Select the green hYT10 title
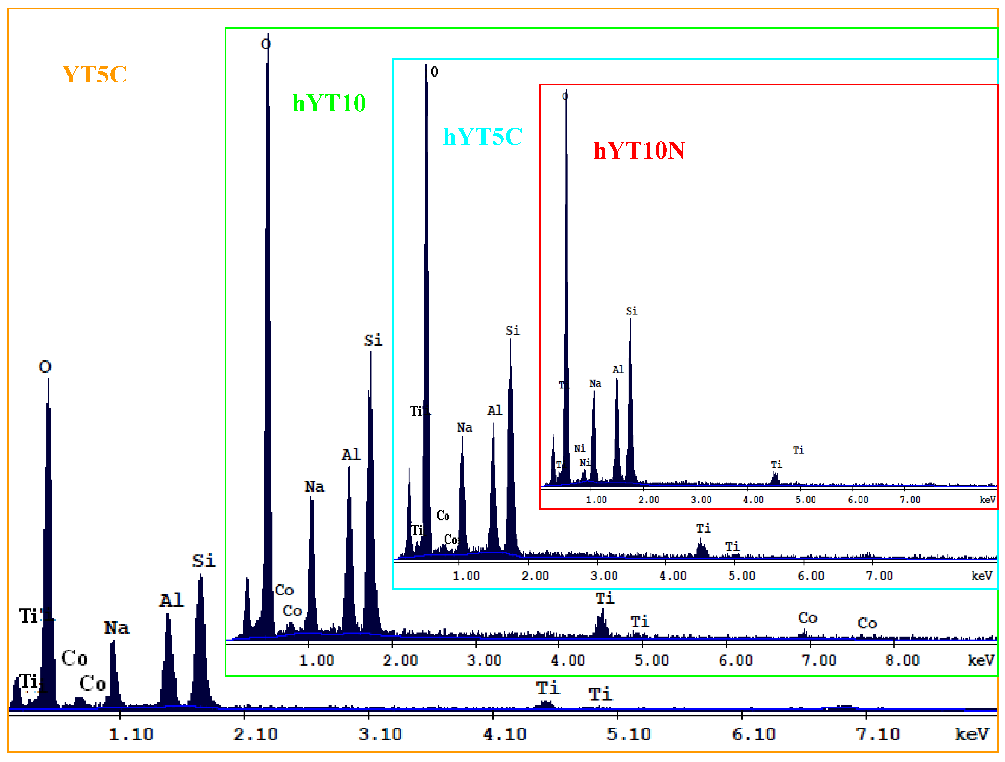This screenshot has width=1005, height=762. pos(329,103)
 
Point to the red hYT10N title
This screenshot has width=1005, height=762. pos(639,150)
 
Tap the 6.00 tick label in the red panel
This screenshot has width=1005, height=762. pos(858,500)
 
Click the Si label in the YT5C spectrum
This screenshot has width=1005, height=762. pos(204,561)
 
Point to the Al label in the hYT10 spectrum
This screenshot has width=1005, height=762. pos(351,454)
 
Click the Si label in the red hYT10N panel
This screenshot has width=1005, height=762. pos(632,311)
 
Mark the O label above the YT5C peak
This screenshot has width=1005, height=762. pos(45,367)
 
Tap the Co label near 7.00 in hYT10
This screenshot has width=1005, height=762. pos(807,617)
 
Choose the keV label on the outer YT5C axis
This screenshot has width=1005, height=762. pos(971,734)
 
